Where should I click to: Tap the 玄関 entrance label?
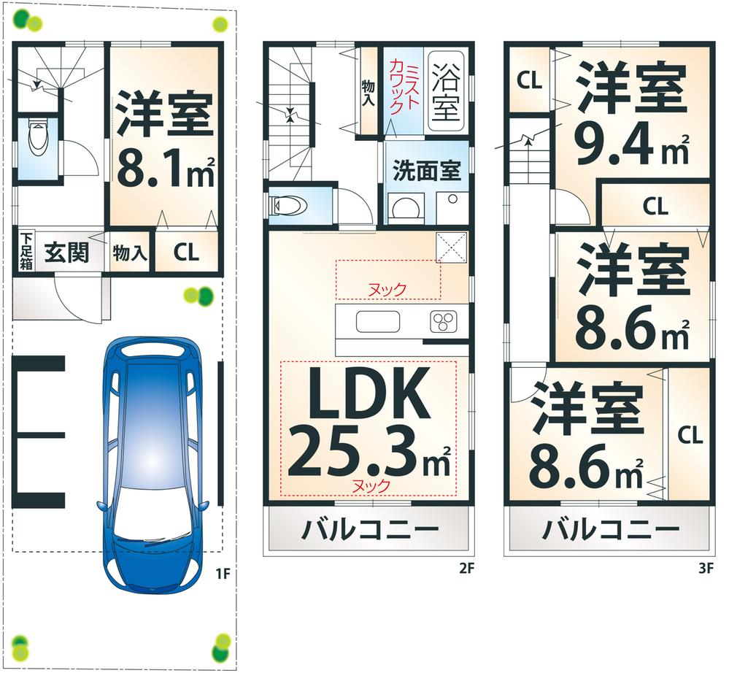point(66,253)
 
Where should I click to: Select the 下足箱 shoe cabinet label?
point(26,250)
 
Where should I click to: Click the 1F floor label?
point(223,574)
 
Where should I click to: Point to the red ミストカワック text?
point(403,88)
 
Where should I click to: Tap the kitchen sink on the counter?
point(377,321)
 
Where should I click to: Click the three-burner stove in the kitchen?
point(442,321)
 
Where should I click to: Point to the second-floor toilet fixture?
point(286,207)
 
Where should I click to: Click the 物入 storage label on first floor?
point(130,254)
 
